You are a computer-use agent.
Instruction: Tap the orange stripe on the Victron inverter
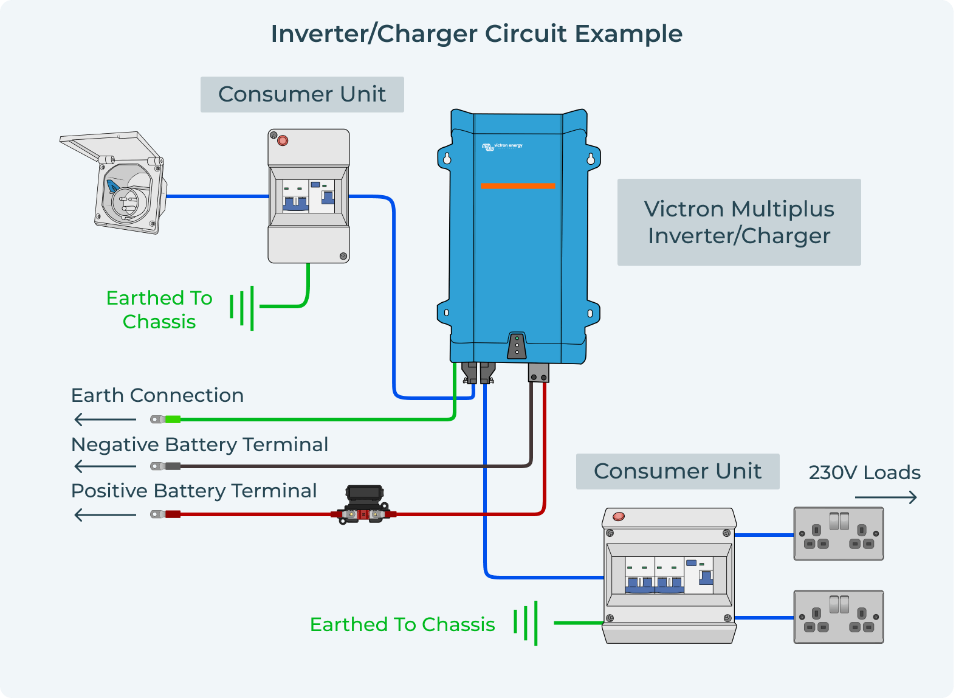(x=518, y=186)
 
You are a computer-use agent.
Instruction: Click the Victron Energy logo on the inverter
(x=502, y=146)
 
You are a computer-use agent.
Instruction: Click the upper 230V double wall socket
(x=838, y=533)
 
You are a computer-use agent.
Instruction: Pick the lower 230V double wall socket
(x=838, y=617)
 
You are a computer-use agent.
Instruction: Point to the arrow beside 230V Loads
(x=886, y=498)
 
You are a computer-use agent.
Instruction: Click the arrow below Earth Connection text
(x=105, y=420)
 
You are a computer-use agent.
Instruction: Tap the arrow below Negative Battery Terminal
(x=105, y=466)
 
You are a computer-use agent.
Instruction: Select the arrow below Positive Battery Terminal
(x=105, y=515)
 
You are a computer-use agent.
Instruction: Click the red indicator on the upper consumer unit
(x=283, y=141)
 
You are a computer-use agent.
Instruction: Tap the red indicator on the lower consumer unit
(x=619, y=517)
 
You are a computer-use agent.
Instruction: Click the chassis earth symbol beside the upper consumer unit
(x=242, y=307)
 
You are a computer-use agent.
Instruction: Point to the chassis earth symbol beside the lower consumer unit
(x=526, y=623)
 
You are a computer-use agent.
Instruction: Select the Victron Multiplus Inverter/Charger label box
(x=739, y=222)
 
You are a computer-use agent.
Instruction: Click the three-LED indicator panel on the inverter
(x=517, y=345)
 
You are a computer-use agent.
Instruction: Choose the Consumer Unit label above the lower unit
(x=677, y=471)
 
